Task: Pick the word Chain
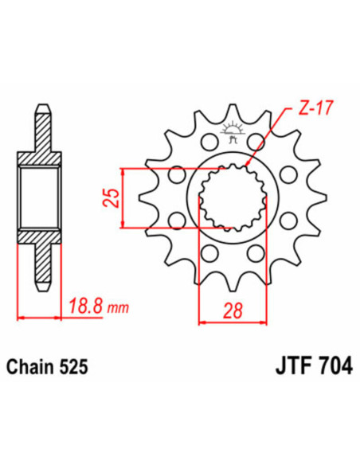[x=33, y=368]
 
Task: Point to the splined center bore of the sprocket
[x=232, y=197]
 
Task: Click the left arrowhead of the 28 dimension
[x=201, y=322]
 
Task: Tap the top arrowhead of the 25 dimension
[x=122, y=171]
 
